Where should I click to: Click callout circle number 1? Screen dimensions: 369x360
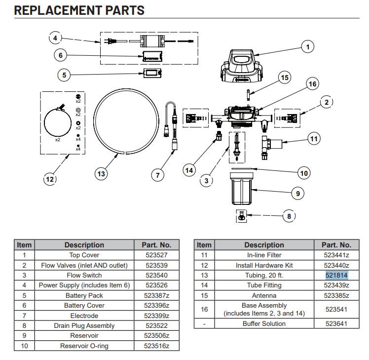pos(307,47)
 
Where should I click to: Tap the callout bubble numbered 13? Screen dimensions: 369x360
pos(101,174)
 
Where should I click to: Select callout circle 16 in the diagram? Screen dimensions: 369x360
pos(312,84)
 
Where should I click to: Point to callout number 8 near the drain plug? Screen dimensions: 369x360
pos(289,216)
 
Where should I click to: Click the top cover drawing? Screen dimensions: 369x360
pos(241,66)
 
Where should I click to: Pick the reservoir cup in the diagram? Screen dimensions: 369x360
pos(242,189)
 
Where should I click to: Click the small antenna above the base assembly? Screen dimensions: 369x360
pos(248,94)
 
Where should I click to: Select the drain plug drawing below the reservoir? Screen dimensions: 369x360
pos(241,216)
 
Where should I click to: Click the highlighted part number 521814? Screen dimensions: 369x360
pos(336,275)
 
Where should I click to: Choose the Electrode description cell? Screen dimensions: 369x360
pos(84,316)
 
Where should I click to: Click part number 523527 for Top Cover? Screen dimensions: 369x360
pos(156,255)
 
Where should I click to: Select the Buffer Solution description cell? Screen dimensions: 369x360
pos(264,323)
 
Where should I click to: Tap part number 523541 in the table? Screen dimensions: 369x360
pos(336,309)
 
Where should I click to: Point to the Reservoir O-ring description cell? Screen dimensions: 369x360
pos(84,346)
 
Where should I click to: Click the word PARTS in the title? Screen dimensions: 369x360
pos(125,10)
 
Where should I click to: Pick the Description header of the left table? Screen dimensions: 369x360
pos(84,245)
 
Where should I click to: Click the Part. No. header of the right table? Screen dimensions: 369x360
pos(336,245)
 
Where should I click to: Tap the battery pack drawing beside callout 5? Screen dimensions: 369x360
pos(152,73)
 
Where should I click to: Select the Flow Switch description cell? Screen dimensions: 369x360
pos(84,275)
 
